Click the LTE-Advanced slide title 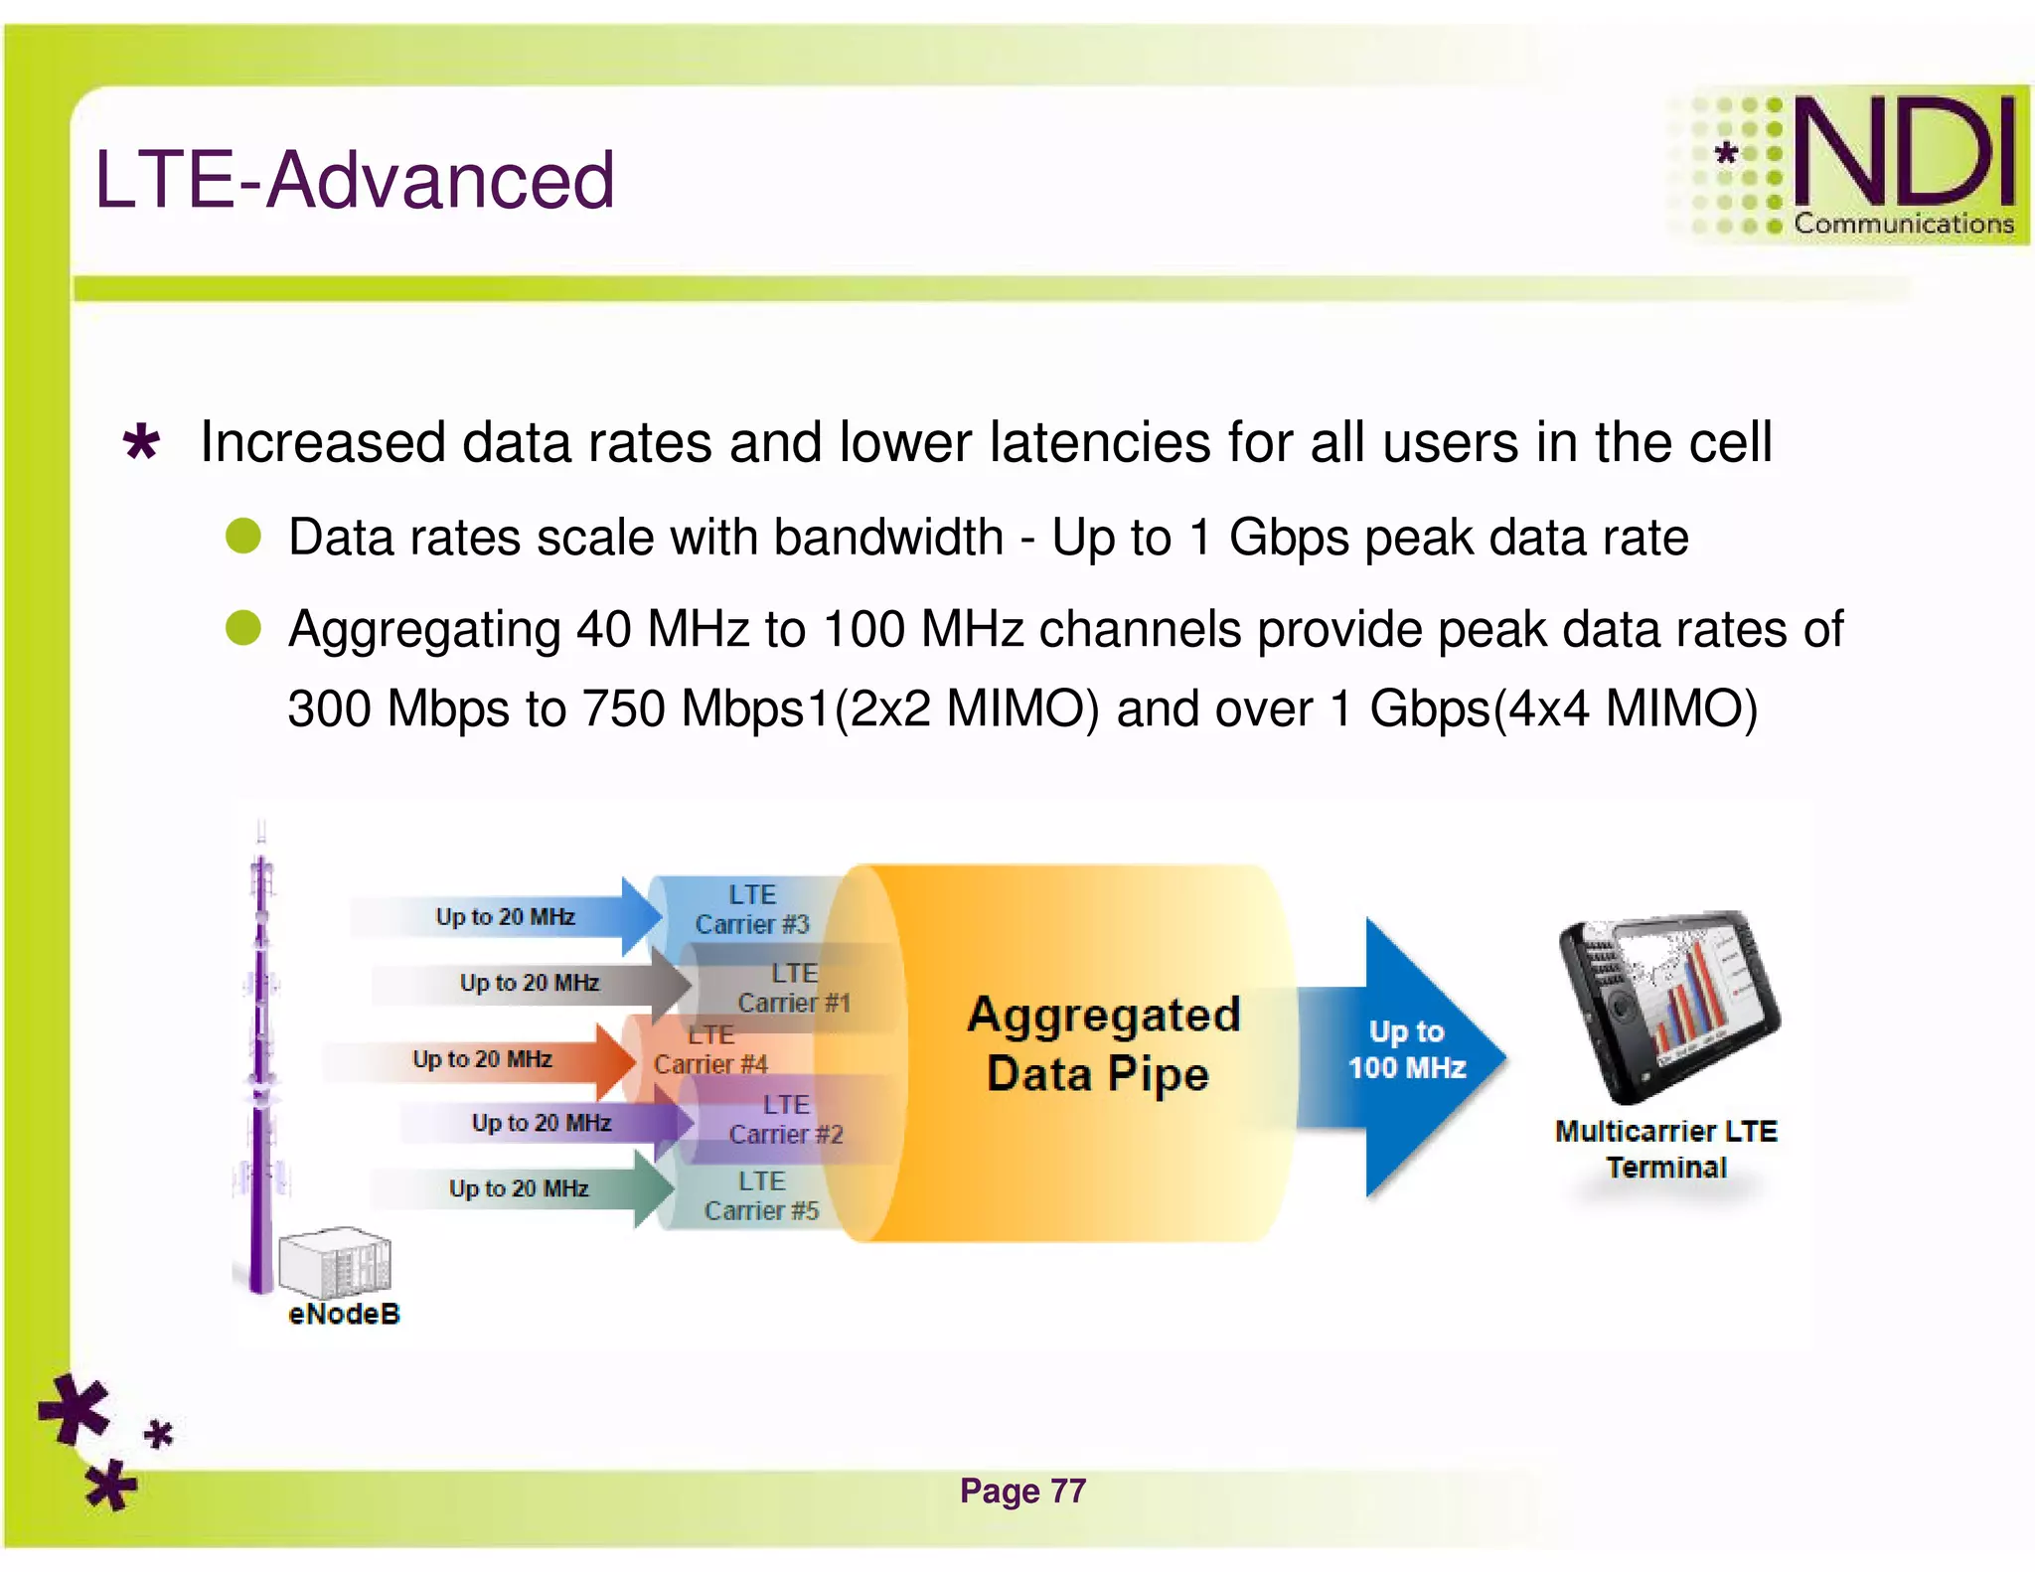[x=355, y=180]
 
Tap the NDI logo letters [x=1903, y=152]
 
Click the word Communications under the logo [x=1903, y=224]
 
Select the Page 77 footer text [x=1022, y=1491]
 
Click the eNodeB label [x=344, y=1314]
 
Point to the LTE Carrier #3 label [x=752, y=909]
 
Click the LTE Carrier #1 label [x=794, y=988]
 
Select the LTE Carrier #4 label [x=711, y=1049]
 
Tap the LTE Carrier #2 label [x=786, y=1119]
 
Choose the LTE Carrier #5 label [x=761, y=1195]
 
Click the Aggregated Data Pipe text [x=1103, y=1043]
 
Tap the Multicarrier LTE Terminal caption [x=1666, y=1149]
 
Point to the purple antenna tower [x=260, y=1073]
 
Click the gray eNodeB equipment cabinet [x=335, y=1262]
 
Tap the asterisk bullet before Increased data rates [x=141, y=442]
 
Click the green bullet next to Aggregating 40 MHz [x=243, y=628]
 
